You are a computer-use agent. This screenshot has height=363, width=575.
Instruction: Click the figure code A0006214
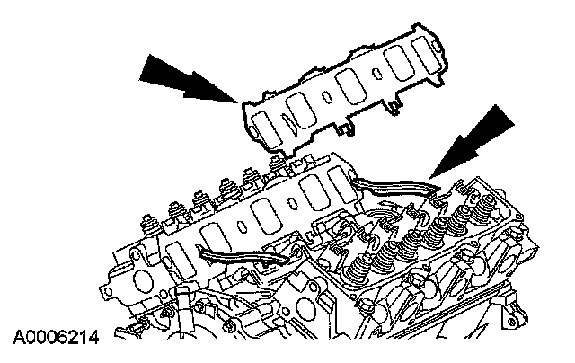click(x=56, y=338)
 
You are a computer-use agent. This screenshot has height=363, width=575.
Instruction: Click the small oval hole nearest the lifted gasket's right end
click(x=376, y=74)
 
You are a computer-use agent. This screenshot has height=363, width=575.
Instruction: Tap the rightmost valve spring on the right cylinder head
click(x=486, y=207)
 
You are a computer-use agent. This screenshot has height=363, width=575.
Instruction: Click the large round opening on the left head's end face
click(x=143, y=280)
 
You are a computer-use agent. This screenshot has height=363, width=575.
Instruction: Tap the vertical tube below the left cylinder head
click(x=183, y=313)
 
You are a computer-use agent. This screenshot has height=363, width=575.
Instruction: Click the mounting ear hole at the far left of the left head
click(x=108, y=291)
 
